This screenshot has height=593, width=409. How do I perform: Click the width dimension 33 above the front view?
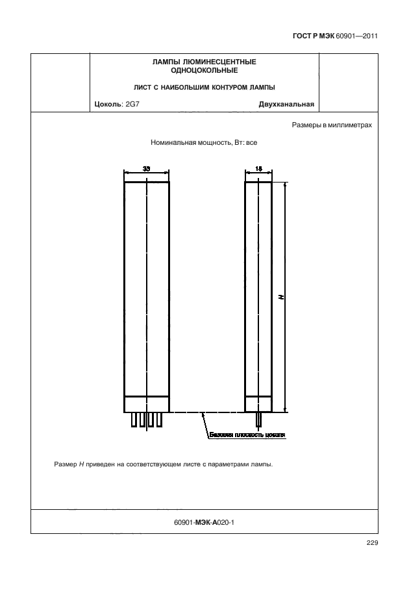pyautogui.click(x=146, y=168)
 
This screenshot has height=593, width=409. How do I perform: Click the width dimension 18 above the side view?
pyautogui.click(x=258, y=168)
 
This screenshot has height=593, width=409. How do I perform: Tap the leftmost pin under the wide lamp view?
pyautogui.click(x=133, y=420)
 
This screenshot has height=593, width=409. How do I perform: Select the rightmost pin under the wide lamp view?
pyautogui.click(x=159, y=420)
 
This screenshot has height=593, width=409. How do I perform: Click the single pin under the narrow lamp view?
pyautogui.click(x=259, y=420)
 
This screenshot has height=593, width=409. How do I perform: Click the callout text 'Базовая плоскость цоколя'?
pyautogui.click(x=247, y=435)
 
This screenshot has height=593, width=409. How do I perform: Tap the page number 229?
pyautogui.click(x=371, y=544)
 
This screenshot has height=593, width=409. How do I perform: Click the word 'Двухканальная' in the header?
pyautogui.click(x=286, y=103)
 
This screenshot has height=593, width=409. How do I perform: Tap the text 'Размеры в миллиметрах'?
pyautogui.click(x=332, y=125)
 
